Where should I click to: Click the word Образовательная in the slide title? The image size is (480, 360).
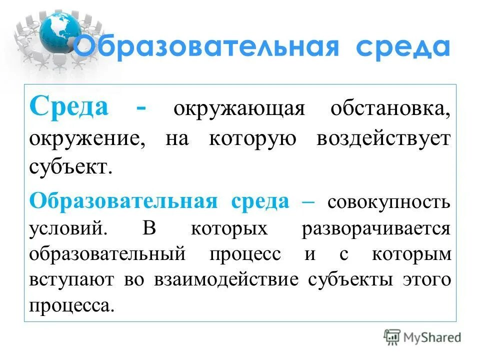207,47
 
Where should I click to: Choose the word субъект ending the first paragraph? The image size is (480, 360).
68,167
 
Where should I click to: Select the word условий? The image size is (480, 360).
67,228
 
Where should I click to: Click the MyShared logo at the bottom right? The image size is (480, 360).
422,337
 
